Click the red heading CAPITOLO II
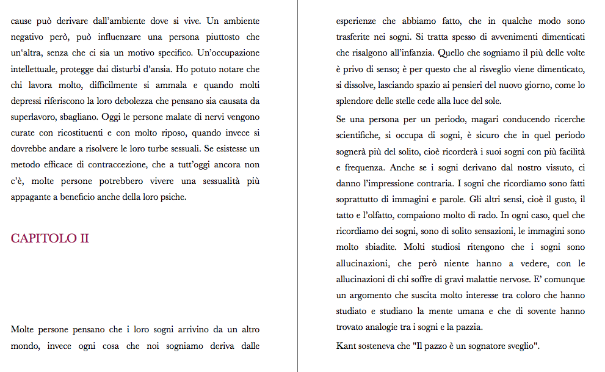[50, 238]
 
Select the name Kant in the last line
[346, 346]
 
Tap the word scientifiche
[360, 134]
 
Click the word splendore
[357, 101]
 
